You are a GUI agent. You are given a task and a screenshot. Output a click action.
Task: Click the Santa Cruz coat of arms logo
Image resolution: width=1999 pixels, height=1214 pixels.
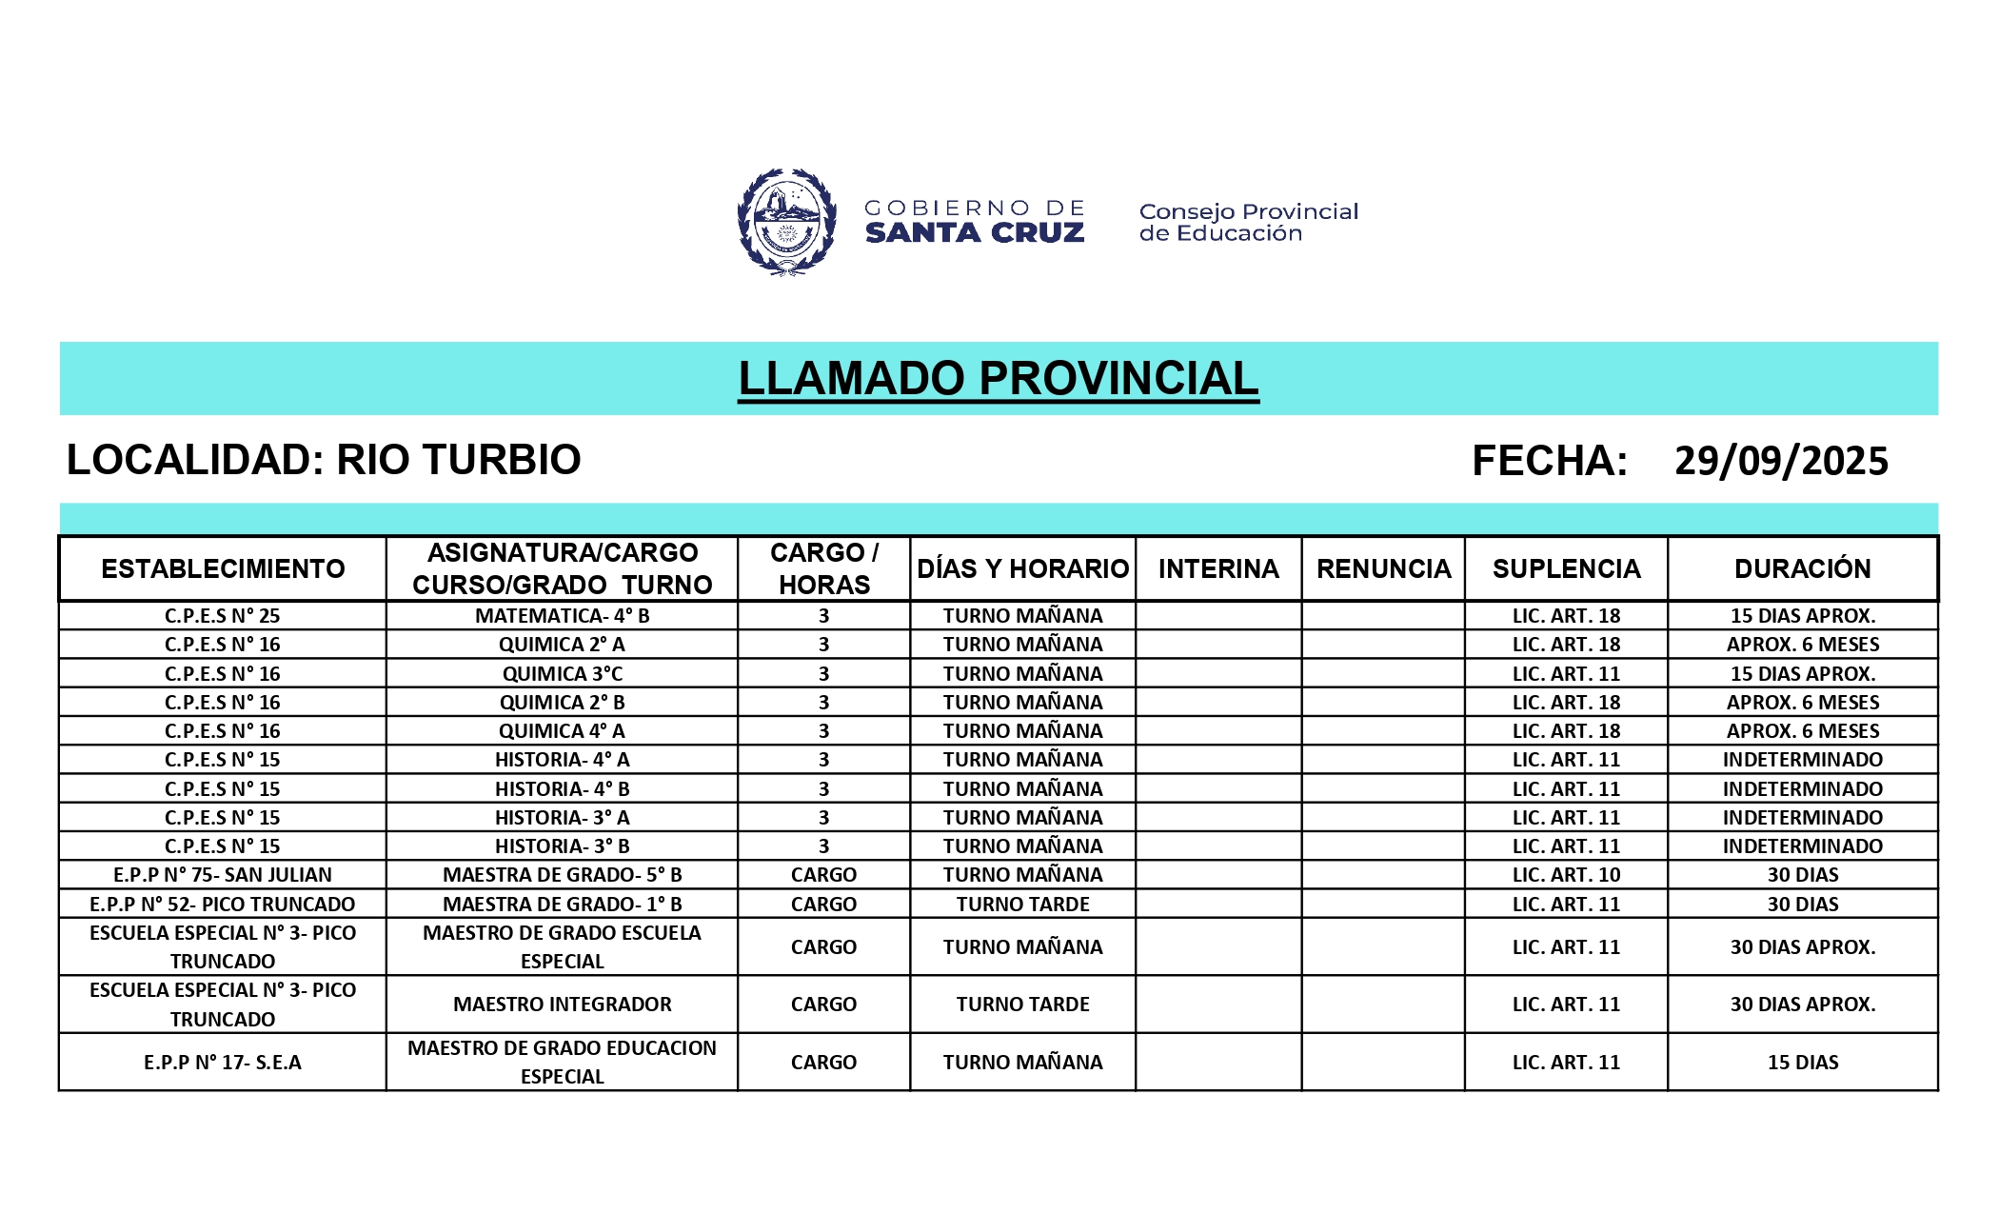coord(786,222)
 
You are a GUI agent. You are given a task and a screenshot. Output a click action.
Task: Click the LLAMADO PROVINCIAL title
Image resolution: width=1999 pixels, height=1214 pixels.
coord(999,379)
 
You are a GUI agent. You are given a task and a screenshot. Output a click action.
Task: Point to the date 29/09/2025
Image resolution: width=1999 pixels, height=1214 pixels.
coord(1781,461)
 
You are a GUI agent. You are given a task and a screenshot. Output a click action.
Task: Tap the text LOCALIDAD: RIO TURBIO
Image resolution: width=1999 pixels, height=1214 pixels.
coord(324,460)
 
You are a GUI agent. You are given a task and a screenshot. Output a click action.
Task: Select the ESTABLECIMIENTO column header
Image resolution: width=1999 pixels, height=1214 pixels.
coord(223,569)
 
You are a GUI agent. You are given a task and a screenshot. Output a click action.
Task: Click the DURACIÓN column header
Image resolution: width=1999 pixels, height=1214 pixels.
coord(1802,569)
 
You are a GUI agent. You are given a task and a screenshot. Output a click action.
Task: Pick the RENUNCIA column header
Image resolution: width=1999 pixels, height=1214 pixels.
coord(1383,569)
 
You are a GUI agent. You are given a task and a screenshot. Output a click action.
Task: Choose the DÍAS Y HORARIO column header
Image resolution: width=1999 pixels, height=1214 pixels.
coord(1022,569)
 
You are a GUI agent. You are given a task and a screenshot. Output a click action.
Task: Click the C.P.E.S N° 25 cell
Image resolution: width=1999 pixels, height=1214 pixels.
coord(223,616)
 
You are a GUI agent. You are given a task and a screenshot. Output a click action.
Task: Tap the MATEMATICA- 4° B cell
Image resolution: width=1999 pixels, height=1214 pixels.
coord(562,616)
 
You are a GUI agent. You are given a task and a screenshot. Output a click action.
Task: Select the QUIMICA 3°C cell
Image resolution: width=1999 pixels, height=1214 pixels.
coord(562,674)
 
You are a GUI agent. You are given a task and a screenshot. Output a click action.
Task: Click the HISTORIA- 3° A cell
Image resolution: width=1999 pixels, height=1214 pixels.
coord(562,818)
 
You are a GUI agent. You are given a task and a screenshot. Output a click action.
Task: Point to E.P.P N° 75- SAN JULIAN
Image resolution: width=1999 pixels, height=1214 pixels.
coord(223,875)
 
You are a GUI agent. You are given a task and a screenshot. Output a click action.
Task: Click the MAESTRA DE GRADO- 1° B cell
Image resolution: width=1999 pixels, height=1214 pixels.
coord(562,905)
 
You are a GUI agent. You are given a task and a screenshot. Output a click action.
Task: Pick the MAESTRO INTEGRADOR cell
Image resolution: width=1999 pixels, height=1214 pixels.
coord(562,1005)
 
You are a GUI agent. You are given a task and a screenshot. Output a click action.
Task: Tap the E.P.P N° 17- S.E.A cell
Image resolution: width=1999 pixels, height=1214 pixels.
coord(223,1063)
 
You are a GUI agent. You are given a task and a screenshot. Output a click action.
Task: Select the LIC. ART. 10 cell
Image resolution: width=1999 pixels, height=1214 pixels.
coord(1566,875)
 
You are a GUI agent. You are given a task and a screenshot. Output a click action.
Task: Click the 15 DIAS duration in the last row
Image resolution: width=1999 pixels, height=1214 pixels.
coord(1802,1063)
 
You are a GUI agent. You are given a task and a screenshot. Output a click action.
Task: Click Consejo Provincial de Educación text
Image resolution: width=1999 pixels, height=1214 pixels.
coord(1248,223)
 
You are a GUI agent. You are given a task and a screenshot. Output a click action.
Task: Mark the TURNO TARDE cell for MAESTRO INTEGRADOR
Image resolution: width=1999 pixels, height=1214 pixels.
coord(1022,1005)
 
